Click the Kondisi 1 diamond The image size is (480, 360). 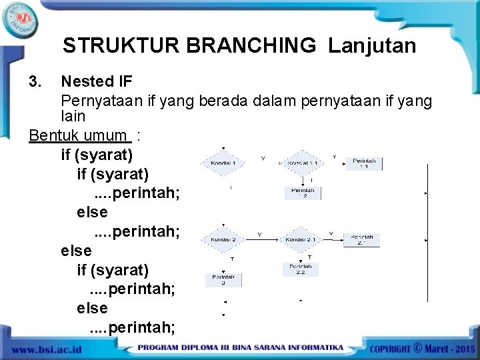pyautogui.click(x=224, y=162)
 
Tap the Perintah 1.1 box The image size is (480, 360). pyautogui.click(x=364, y=163)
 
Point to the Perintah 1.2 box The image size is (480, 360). pyautogui.click(x=303, y=193)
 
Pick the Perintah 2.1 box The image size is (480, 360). pyautogui.click(x=362, y=240)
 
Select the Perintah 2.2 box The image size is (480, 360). pyautogui.click(x=300, y=269)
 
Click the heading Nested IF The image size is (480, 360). pyautogui.click(x=97, y=82)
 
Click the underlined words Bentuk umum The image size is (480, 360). pyautogui.click(x=79, y=136)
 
